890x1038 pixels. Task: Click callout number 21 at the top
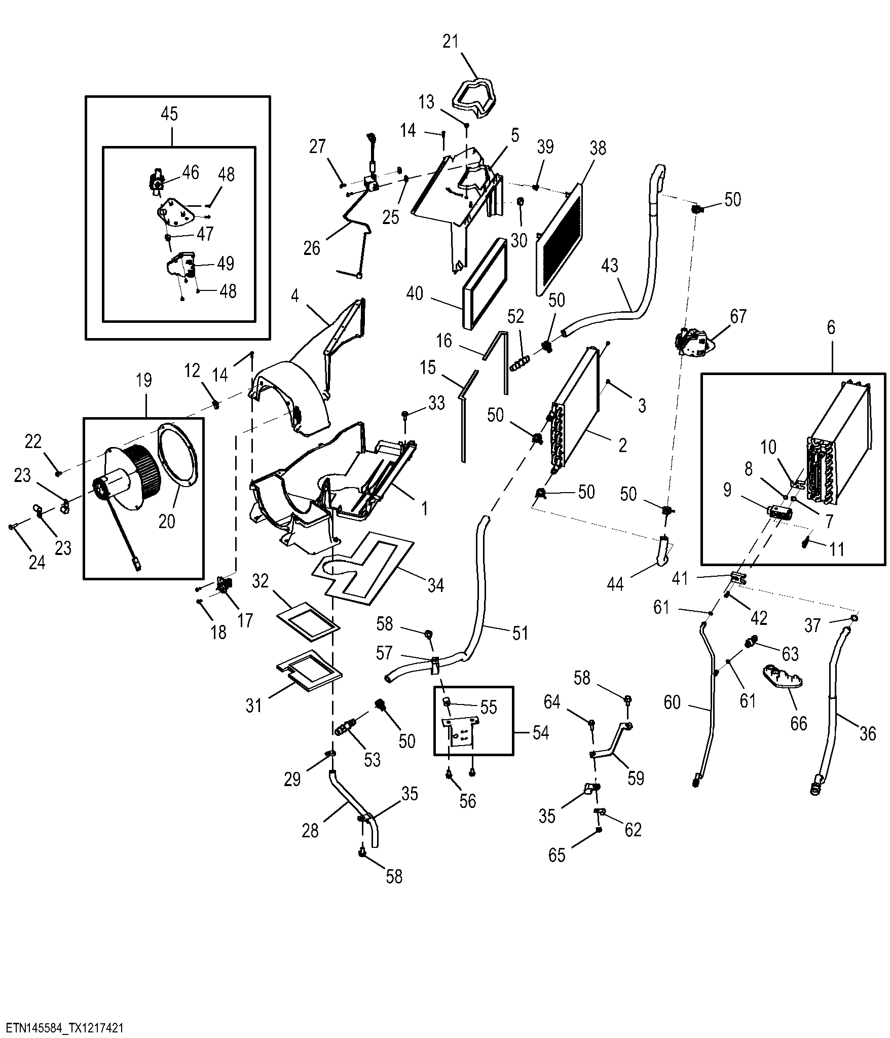451,42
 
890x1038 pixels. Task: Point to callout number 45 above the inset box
169,114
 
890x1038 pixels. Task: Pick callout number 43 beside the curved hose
611,266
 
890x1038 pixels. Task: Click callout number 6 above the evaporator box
831,328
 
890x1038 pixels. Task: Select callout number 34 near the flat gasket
436,585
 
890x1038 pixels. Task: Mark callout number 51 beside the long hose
520,633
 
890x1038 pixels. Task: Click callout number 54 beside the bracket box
541,733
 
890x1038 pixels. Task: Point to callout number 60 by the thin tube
672,703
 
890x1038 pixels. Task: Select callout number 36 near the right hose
868,733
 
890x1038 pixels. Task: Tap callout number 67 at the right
738,316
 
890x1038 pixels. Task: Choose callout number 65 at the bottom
557,855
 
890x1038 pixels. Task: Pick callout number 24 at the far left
36,562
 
